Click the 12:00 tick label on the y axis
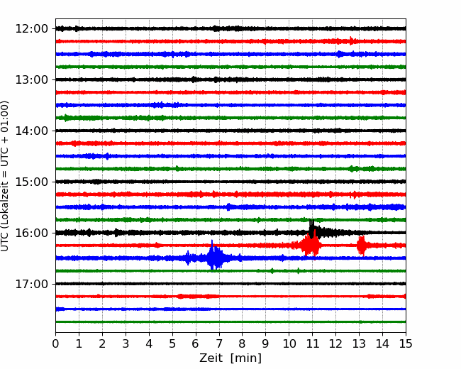click(31, 29)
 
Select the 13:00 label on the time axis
click(31, 79)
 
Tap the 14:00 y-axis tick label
click(31, 131)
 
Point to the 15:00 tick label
click(31, 182)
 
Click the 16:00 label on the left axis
click(31, 233)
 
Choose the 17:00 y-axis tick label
click(31, 284)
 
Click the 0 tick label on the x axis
click(55, 343)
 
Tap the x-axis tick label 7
click(218, 343)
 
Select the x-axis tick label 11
click(312, 343)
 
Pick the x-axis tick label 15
click(406, 343)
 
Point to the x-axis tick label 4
click(149, 343)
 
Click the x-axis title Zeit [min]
click(230, 358)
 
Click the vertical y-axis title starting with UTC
click(5, 176)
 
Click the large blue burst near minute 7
click(215, 256)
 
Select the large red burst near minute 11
click(310, 244)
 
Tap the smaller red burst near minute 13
click(362, 246)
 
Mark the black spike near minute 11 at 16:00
click(312, 228)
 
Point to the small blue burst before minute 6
click(188, 258)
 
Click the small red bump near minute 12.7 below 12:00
click(351, 40)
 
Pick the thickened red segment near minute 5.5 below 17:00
click(198, 297)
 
